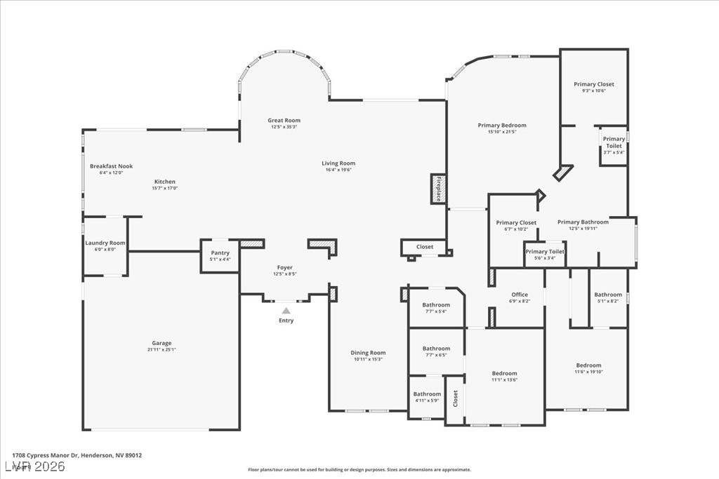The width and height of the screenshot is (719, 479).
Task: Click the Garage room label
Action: tap(161, 343)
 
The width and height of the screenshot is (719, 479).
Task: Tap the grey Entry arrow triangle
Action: tap(286, 310)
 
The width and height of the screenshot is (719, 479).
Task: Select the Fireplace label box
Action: tap(438, 189)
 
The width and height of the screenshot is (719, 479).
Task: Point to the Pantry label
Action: tap(220, 253)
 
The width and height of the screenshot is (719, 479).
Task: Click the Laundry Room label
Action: tap(105, 243)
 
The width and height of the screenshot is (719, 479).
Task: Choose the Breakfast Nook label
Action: tap(111, 166)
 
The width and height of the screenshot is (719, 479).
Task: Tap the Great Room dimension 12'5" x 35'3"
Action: tap(284, 127)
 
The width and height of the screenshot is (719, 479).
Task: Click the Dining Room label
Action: tap(368, 353)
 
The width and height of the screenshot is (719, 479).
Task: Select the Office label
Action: tap(520, 295)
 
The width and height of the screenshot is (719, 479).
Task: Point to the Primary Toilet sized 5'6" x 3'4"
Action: tap(545, 252)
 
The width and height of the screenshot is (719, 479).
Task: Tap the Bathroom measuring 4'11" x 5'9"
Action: tap(427, 394)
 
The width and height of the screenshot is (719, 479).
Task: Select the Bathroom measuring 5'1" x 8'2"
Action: tap(607, 295)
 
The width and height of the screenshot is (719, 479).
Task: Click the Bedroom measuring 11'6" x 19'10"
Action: tap(588, 365)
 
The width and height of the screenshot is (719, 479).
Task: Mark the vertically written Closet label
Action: tap(455, 398)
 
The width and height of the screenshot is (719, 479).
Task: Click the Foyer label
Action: tap(284, 267)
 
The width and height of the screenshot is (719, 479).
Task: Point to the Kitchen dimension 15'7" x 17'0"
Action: tap(165, 188)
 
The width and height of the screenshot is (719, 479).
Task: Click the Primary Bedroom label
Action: tap(502, 126)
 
